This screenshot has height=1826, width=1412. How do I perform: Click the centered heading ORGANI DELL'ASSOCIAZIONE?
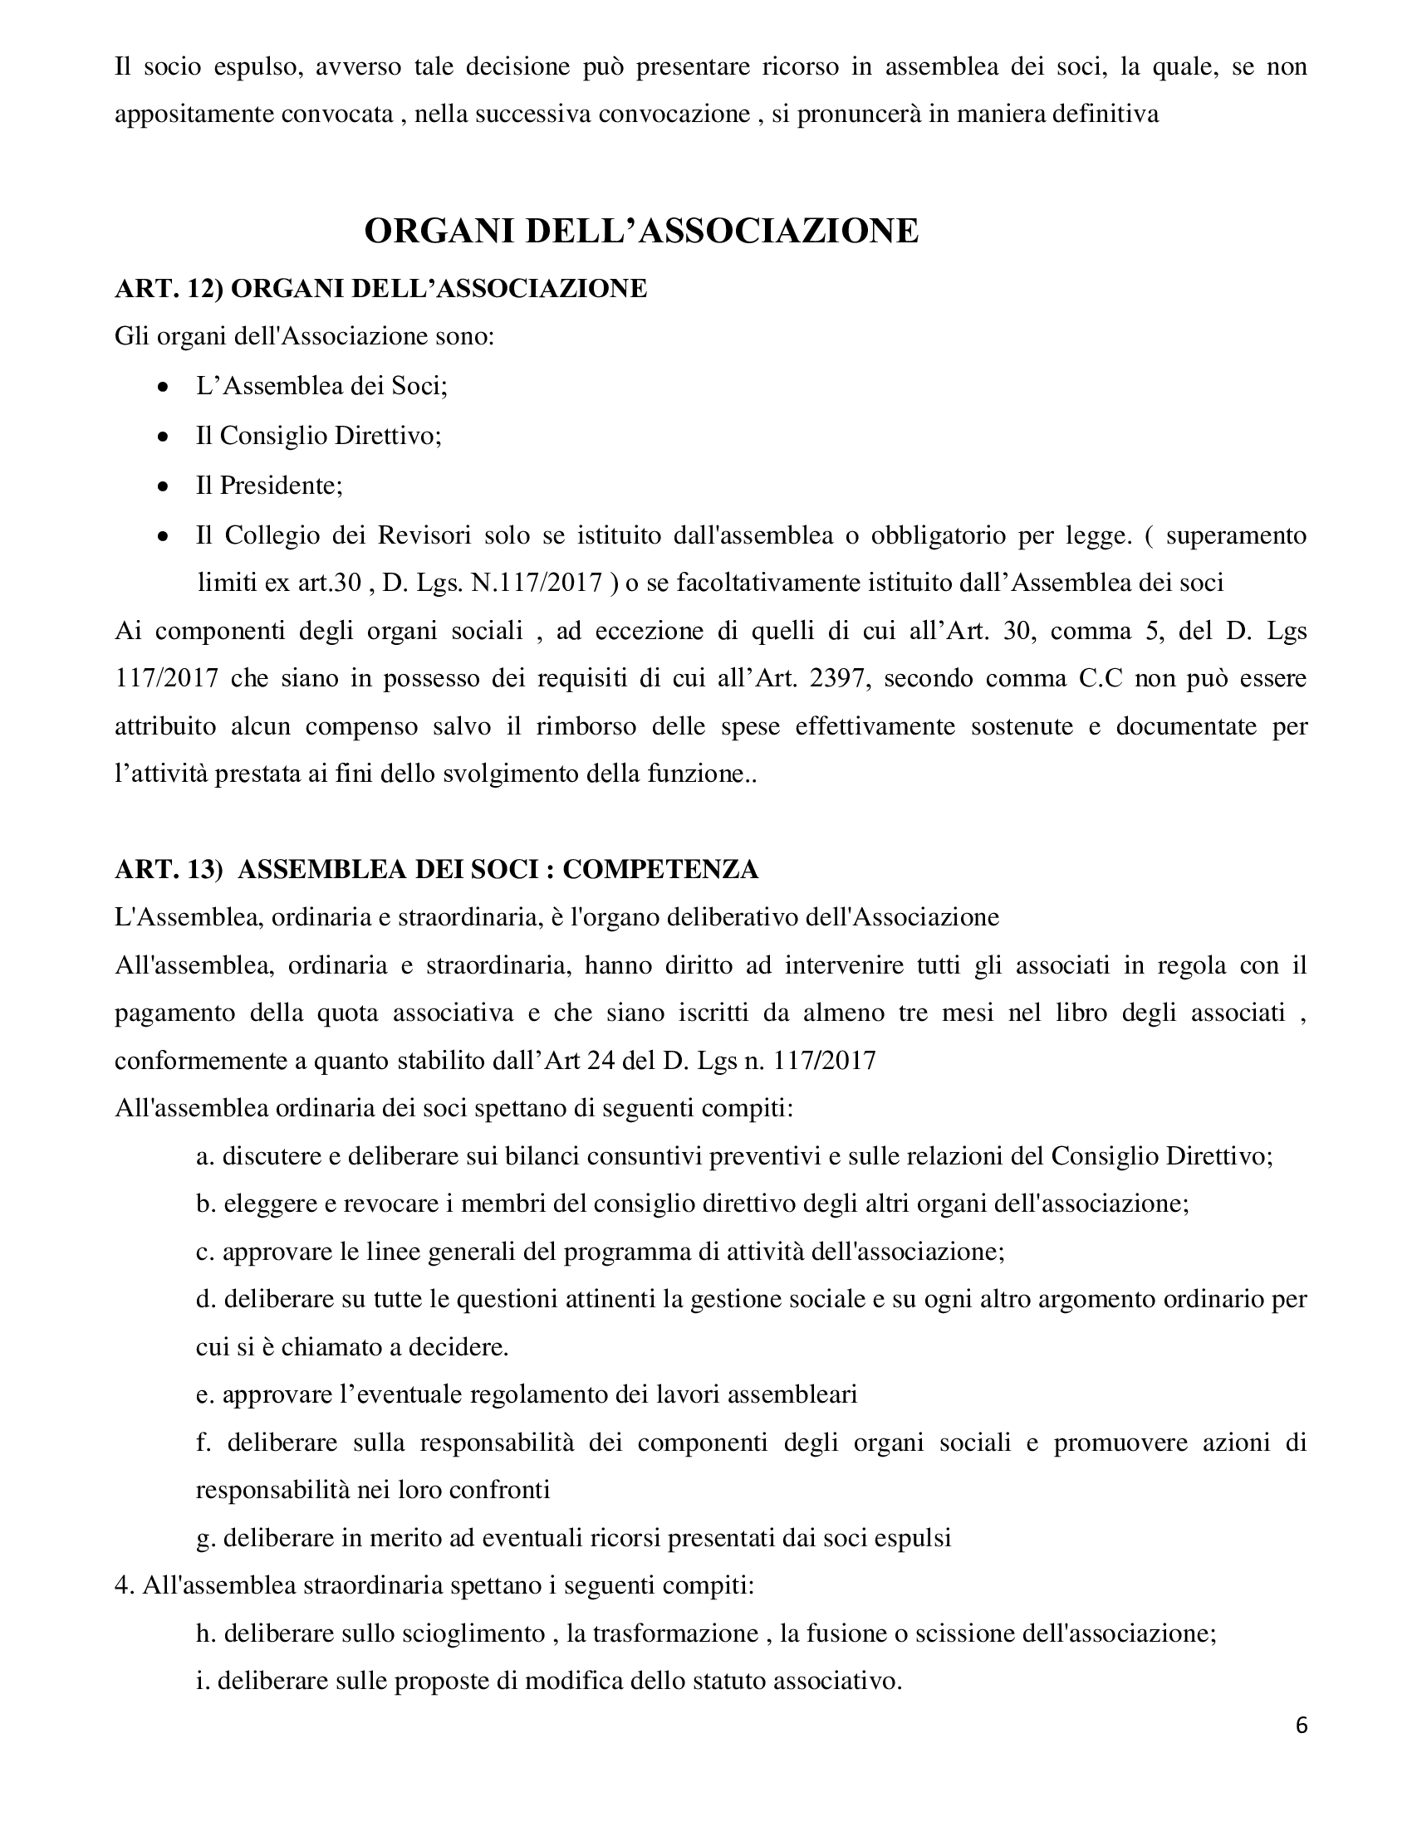pos(641,231)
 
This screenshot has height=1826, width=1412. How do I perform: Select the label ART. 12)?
pos(168,289)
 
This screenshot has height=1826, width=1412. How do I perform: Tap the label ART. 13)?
pos(168,870)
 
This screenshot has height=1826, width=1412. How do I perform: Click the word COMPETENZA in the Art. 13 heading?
pos(660,870)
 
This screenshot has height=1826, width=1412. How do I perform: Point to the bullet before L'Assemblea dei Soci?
pos(164,388)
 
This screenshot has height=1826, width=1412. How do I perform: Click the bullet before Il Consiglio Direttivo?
pos(164,437)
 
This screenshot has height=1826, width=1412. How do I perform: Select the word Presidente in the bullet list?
pos(280,485)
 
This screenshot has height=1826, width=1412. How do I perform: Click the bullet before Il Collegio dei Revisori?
pos(164,536)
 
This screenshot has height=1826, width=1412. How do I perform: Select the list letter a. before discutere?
pos(205,1157)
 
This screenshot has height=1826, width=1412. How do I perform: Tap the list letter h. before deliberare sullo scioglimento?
pos(205,1633)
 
